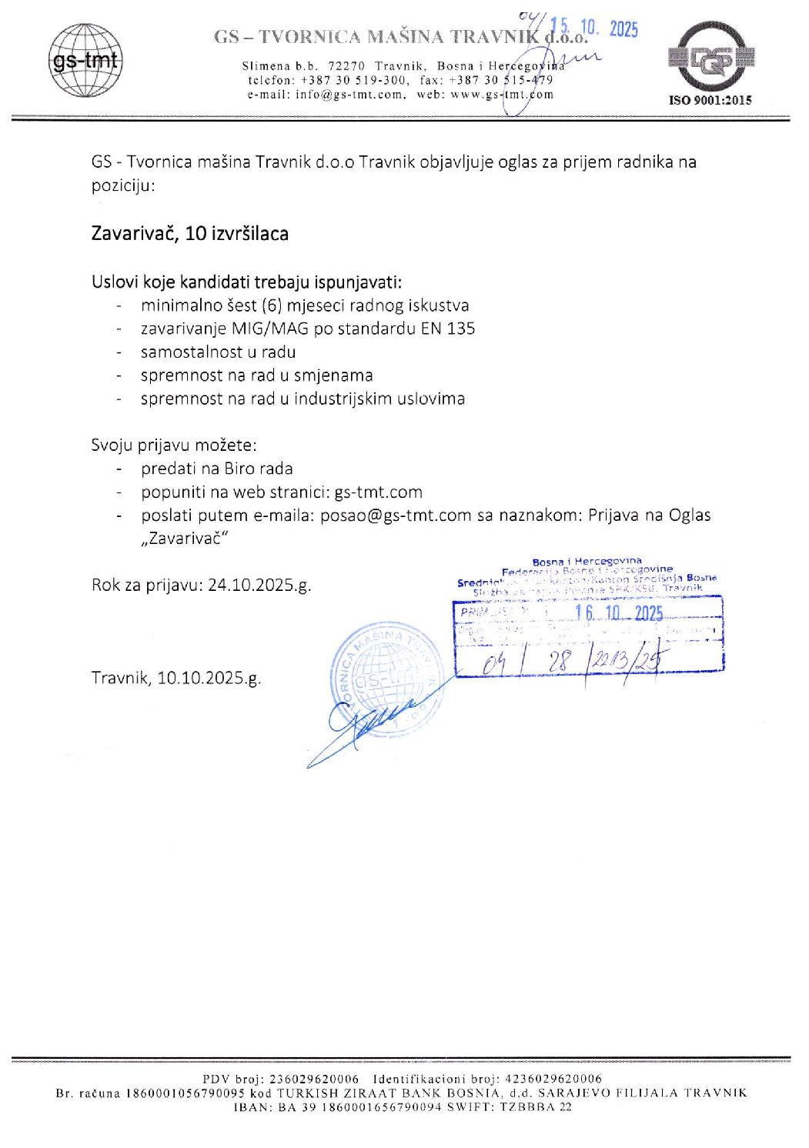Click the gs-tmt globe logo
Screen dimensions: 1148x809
(85, 60)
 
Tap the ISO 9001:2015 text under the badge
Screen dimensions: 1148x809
(710, 100)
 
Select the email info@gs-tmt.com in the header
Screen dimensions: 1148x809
(349, 95)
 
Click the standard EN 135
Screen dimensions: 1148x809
(448, 329)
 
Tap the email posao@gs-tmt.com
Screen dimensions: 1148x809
(396, 516)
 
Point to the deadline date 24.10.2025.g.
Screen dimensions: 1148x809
(259, 585)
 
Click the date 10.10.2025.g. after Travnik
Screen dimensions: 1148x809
(209, 678)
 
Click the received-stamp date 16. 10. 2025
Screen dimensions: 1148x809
(619, 612)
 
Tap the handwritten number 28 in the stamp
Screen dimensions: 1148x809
(560, 660)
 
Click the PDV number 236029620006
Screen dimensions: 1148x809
(314, 1079)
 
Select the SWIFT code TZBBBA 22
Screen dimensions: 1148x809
(536, 1106)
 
